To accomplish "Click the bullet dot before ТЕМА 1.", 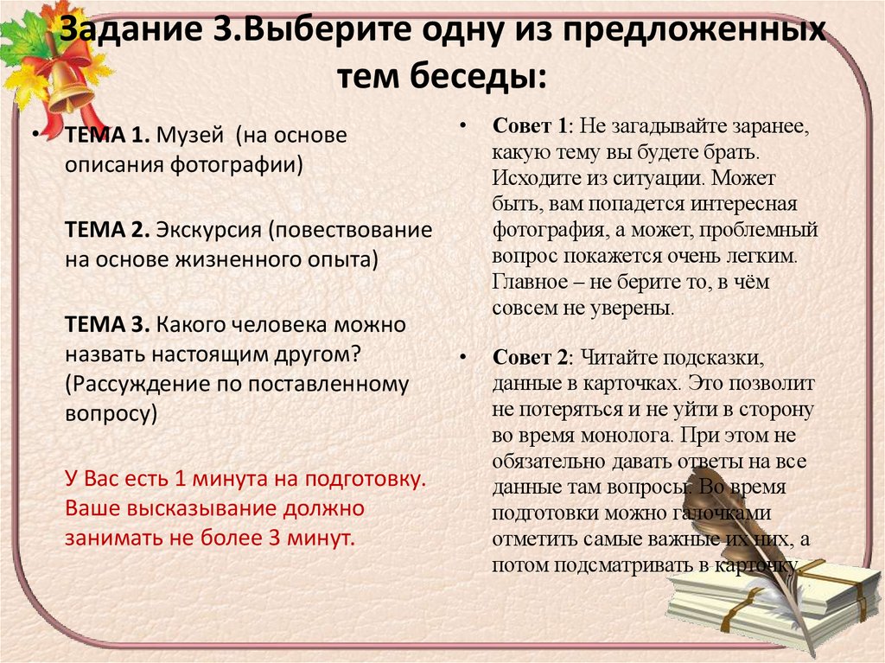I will click(x=36, y=136).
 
